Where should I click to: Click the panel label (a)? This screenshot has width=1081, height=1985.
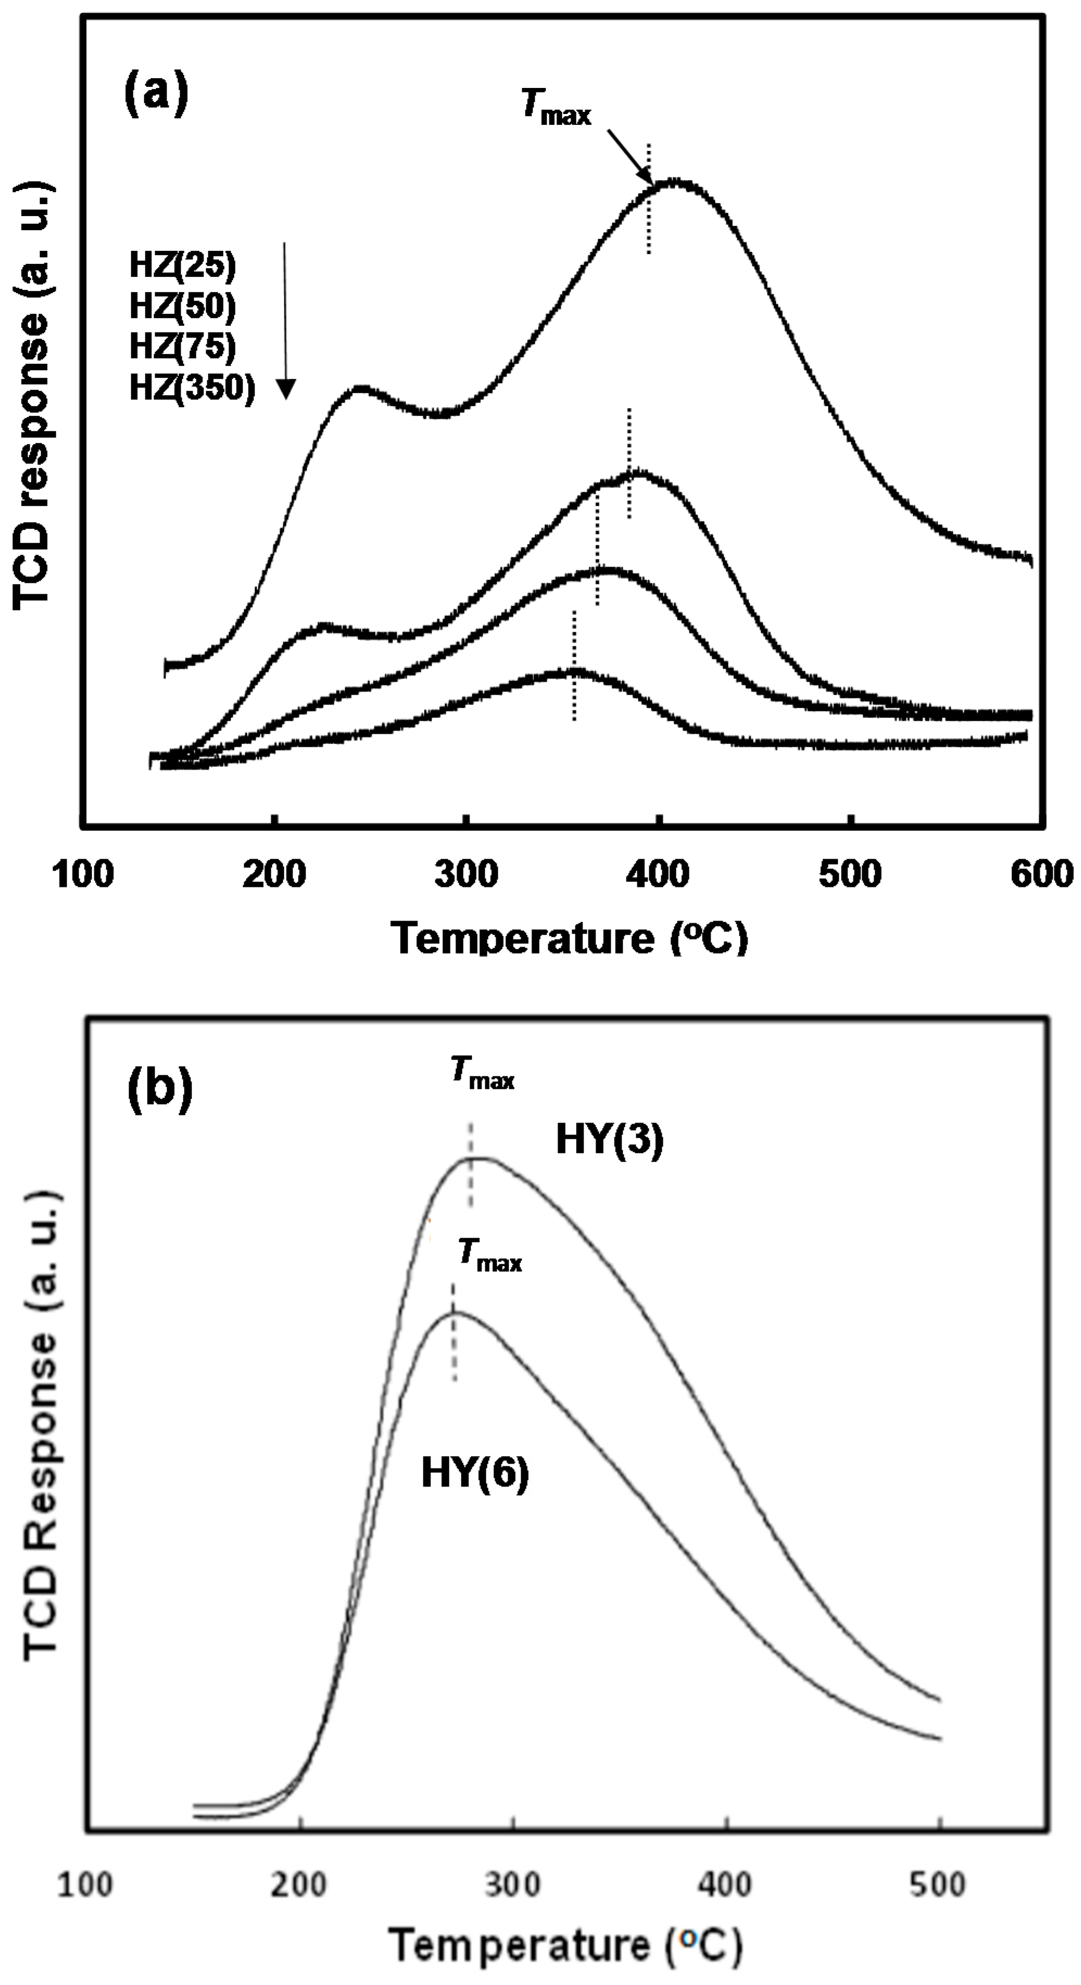pyautogui.click(x=156, y=94)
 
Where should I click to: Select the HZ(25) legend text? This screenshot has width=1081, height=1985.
pyautogui.click(x=182, y=266)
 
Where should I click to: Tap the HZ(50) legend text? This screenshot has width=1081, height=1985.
pyautogui.click(x=182, y=307)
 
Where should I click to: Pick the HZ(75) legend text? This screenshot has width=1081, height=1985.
pyautogui.click(x=182, y=346)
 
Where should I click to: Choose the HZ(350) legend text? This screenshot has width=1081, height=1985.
pyautogui.click(x=192, y=388)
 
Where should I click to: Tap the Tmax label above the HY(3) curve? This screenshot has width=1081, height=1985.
pyautogui.click(x=482, y=1073)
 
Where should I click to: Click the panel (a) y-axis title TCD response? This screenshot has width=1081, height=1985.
pyautogui.click(x=33, y=397)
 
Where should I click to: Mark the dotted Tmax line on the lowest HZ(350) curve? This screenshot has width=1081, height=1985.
pyautogui.click(x=574, y=665)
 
